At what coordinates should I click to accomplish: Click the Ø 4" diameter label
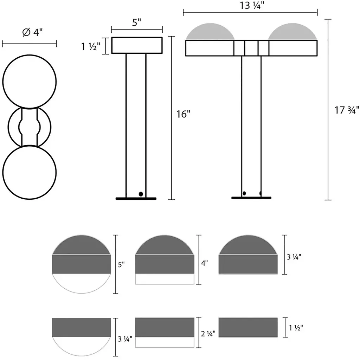[x=33, y=32]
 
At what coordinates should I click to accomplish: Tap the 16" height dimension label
[x=183, y=114]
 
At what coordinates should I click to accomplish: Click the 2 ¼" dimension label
[x=208, y=334]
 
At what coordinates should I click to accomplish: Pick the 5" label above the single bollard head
[x=137, y=22]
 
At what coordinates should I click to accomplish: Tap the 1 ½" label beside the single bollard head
[x=91, y=47]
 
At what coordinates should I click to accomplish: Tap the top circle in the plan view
[x=30, y=82]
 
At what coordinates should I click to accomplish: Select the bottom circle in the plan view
[x=30, y=172]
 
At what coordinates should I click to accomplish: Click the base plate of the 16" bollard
[x=136, y=199]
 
